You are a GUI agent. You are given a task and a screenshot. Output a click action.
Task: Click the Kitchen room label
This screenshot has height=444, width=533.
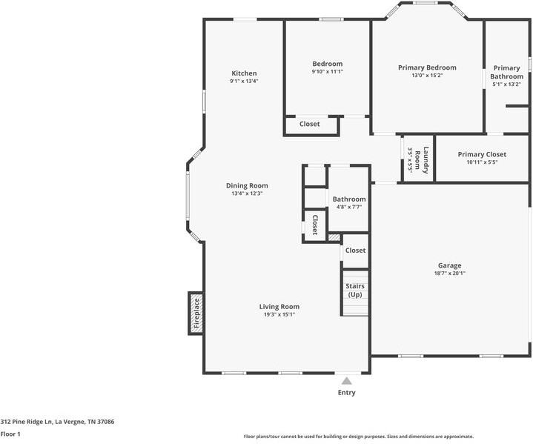pos(244,73)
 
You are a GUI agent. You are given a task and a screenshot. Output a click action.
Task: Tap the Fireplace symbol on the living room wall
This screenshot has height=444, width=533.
pos(196,314)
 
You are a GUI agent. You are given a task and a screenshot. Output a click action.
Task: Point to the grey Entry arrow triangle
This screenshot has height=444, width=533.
pos(346,381)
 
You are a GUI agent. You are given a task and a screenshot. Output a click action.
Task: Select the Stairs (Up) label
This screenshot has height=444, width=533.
pos(355,291)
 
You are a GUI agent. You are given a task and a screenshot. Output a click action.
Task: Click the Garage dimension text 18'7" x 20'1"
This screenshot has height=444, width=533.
pos(450,273)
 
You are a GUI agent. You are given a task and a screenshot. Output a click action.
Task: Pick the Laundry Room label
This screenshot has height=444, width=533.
pos(421,160)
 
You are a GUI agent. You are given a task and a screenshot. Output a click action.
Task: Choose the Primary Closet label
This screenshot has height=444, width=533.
pos(482,154)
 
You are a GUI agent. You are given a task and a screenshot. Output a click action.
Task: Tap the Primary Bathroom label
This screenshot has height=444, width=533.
pos(506,72)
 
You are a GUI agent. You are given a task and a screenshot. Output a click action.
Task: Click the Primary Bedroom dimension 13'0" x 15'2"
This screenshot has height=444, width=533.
pos(427,75)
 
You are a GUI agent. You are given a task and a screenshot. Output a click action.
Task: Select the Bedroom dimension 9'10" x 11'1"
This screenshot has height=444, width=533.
pos(328,71)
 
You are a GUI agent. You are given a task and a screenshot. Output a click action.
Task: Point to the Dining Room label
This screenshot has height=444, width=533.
pos(247,185)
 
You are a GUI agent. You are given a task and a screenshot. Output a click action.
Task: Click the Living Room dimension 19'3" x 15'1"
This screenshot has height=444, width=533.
pos(279,314)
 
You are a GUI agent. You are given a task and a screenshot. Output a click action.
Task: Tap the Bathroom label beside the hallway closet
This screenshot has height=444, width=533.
pos(349,199)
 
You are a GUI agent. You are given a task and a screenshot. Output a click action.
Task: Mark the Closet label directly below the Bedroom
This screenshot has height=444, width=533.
pos(310,124)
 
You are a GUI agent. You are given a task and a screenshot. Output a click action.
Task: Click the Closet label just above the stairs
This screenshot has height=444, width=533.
pos(355,251)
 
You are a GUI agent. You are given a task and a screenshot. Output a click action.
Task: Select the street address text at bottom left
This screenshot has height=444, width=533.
pos(57,422)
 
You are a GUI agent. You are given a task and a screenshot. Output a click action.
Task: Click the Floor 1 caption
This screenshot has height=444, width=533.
pos(10,434)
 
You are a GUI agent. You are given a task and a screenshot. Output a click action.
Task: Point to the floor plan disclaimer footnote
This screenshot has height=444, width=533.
pos(359,437)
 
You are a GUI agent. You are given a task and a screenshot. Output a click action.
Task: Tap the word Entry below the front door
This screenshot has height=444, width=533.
pos(346,393)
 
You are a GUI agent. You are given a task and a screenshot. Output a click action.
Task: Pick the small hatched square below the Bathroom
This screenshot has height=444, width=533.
pos(334,237)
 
